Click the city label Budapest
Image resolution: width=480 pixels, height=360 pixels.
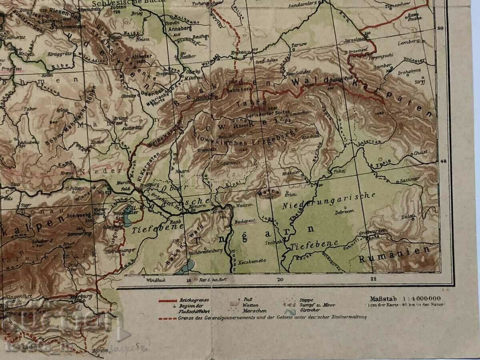(245, 221)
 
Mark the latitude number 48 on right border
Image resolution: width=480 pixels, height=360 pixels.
(443, 161)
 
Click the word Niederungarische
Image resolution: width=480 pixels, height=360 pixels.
(329, 201)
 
